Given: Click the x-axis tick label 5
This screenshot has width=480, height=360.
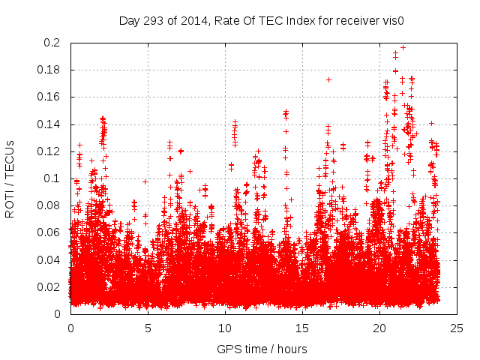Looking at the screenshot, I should coord(148,328).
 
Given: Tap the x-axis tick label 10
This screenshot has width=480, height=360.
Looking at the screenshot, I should coord(225,328).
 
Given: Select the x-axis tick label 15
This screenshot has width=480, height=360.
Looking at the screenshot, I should coord(302,328).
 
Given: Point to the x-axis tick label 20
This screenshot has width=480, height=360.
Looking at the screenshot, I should coord(379,328).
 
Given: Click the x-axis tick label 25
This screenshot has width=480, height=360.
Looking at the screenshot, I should coord(457,328).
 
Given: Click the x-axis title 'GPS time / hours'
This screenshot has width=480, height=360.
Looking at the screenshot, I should coord(263,348).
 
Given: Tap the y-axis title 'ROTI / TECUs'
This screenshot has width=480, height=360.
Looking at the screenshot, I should coord(10,178).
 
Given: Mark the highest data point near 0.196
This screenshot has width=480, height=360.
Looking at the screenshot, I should coord(403,47).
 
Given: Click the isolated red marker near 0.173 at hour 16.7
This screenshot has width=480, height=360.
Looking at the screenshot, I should coord(328,79).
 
